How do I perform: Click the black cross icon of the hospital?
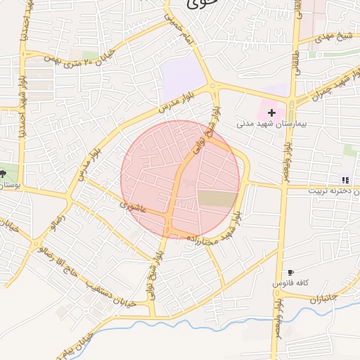tap(272, 112)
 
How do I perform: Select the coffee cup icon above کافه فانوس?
tap(290, 272)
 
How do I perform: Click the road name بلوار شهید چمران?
tap(330, 88)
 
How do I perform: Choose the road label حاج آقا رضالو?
tap(77, 262)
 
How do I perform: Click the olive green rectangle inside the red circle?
tap(217, 198)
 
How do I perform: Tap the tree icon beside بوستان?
tap(4, 173)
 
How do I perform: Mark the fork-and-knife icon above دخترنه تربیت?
tap(345, 180)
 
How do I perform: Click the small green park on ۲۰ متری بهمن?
tap(90, 55)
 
